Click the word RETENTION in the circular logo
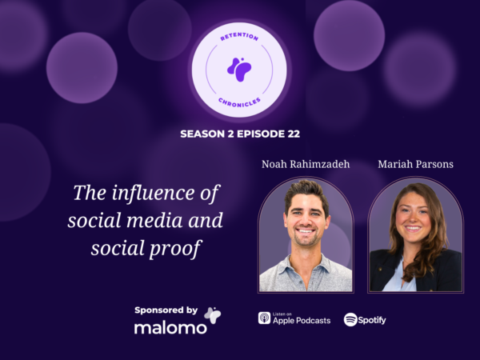[239, 37]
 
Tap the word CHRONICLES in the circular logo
[239, 102]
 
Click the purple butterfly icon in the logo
[239, 70]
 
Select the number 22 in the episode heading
[294, 134]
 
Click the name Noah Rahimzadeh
[306, 164]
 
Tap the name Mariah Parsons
[415, 164]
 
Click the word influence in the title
[153, 193]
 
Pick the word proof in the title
[175, 248]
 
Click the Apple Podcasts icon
[264, 318]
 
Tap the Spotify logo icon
[350, 319]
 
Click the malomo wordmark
[170, 328]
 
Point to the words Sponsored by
[166, 310]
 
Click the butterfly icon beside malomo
[213, 315]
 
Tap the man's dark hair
[306, 193]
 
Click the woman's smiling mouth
[413, 228]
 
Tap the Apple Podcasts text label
[302, 321]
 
